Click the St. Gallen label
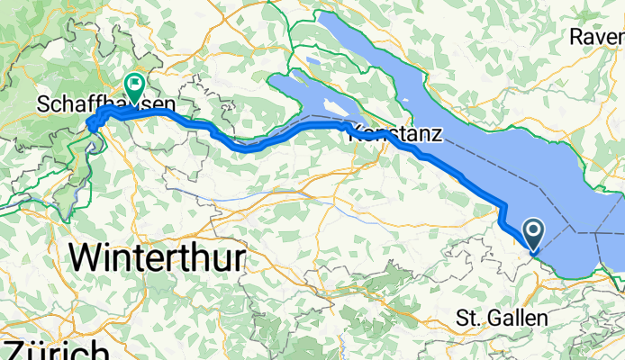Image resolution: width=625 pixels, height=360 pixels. point(502,318)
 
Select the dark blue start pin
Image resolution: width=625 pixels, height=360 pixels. point(533,237)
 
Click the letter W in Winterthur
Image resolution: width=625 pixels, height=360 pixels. point(85,259)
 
